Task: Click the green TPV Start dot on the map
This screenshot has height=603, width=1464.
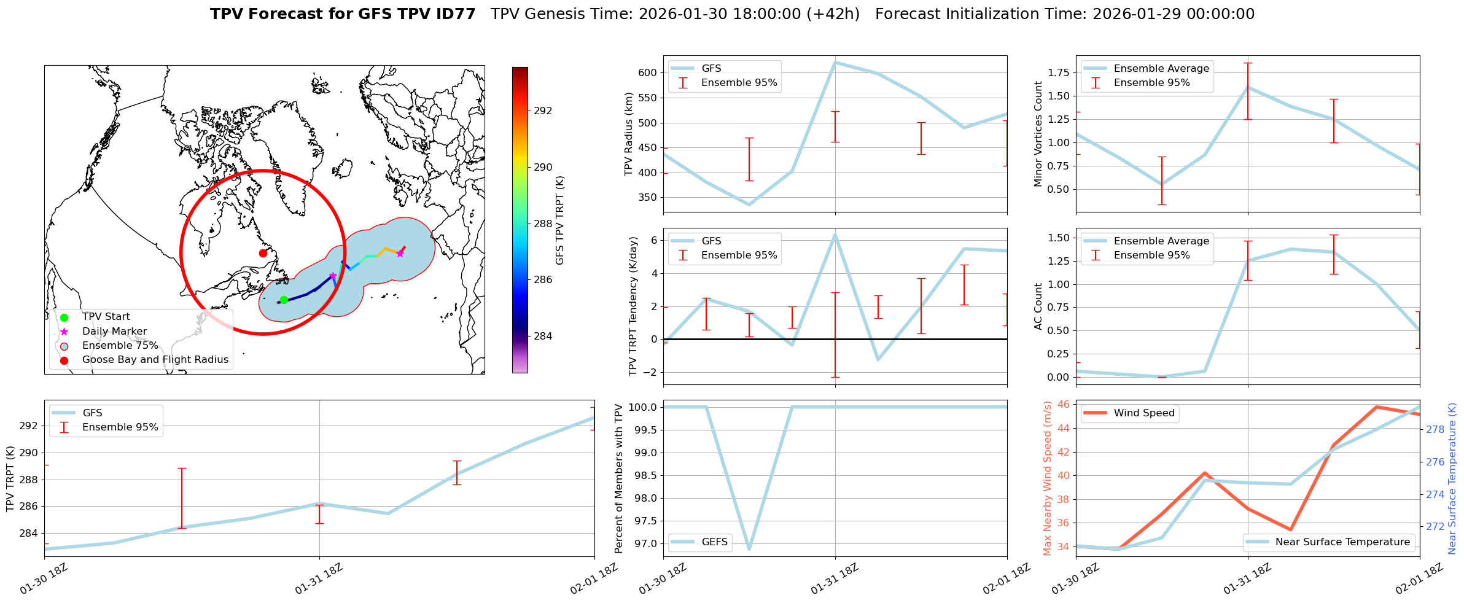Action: (x=284, y=300)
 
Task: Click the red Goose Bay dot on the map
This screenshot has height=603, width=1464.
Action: (x=263, y=253)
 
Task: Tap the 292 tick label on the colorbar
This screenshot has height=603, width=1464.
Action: (x=543, y=111)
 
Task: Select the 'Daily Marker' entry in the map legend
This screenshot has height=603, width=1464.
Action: (x=114, y=332)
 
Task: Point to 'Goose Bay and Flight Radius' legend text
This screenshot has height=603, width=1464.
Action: (x=155, y=360)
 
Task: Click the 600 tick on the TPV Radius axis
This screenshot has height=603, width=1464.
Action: (x=648, y=72)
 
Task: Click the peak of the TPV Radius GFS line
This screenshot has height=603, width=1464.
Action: (x=835, y=62)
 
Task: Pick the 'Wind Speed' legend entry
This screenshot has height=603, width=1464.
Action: (x=1143, y=413)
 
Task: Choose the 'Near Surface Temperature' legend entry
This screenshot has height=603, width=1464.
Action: (x=1342, y=542)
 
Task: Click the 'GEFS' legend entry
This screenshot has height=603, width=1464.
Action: (x=714, y=542)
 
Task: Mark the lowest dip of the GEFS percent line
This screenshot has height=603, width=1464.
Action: (x=749, y=549)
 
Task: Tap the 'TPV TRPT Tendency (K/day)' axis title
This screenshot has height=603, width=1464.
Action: (x=633, y=306)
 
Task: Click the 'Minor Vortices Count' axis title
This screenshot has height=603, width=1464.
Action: (x=1038, y=134)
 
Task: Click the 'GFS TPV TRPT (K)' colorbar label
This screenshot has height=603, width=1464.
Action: (x=559, y=220)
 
